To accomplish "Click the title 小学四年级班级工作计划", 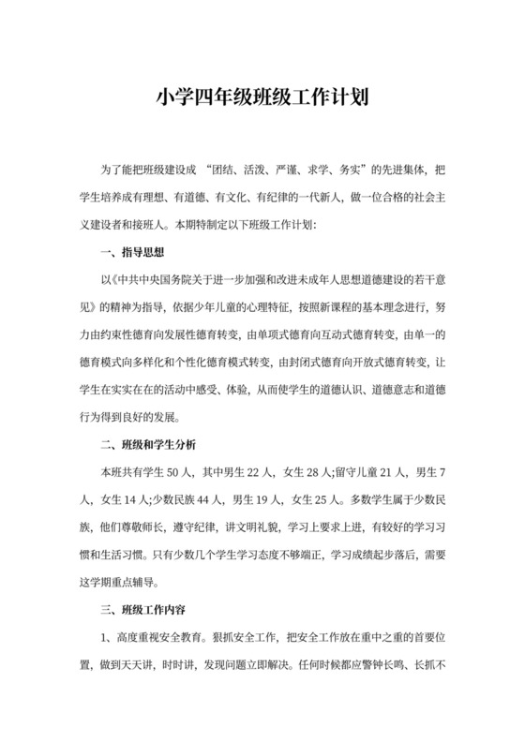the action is [x=262, y=96].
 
